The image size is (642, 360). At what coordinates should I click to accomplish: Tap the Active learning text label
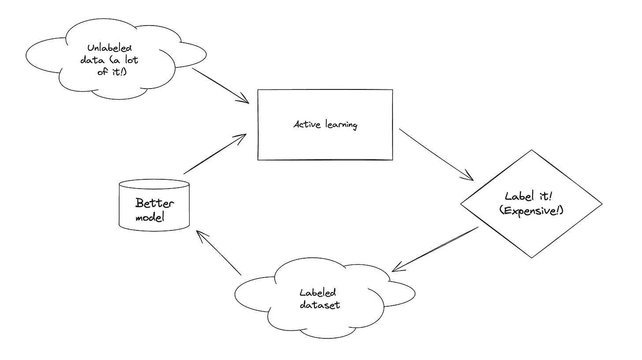point(325,125)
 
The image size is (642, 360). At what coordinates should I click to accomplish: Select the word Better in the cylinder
point(154,204)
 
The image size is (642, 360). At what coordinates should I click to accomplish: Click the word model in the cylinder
point(150,217)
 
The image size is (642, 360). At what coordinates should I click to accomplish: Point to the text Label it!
point(528,197)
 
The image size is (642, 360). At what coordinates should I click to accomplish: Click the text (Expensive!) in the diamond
point(531,211)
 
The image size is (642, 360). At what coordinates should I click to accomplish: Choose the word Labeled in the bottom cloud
point(317,293)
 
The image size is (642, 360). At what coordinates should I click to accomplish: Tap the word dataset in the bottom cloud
point(320,304)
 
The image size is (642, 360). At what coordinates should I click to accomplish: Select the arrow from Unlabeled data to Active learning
point(220,85)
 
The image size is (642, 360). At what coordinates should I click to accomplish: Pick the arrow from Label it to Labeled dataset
point(435,249)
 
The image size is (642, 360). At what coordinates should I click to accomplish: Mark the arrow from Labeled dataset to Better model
point(219,253)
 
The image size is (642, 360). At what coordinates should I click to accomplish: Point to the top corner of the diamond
point(532,150)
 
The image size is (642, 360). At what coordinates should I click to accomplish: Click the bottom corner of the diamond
point(532,258)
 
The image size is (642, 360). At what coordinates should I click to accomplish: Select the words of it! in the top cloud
point(112,71)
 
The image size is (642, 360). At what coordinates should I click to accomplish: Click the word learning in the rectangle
point(341,125)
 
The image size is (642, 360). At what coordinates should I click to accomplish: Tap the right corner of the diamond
point(601,204)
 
